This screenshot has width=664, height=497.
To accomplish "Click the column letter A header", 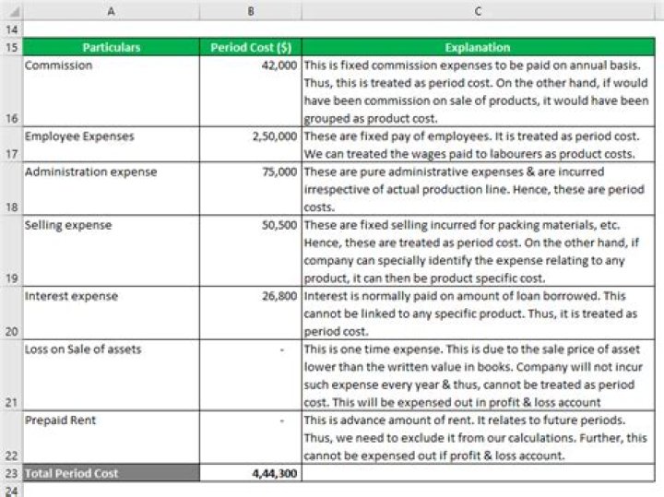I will coord(111,11).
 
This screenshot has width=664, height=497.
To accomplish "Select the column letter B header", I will coord(249,11).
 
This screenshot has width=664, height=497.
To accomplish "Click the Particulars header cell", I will coord(111,47).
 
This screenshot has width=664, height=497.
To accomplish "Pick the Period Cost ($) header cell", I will coord(249,47).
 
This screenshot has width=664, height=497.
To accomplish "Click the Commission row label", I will coord(59,65).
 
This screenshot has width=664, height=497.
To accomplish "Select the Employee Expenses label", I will coord(79,136).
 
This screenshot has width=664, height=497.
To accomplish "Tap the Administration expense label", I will coord(90,172).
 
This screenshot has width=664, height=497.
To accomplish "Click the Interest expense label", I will coord(71,296).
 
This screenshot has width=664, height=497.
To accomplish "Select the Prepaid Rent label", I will coord(61,420).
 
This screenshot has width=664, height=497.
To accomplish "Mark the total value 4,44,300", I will coord(274,473).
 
